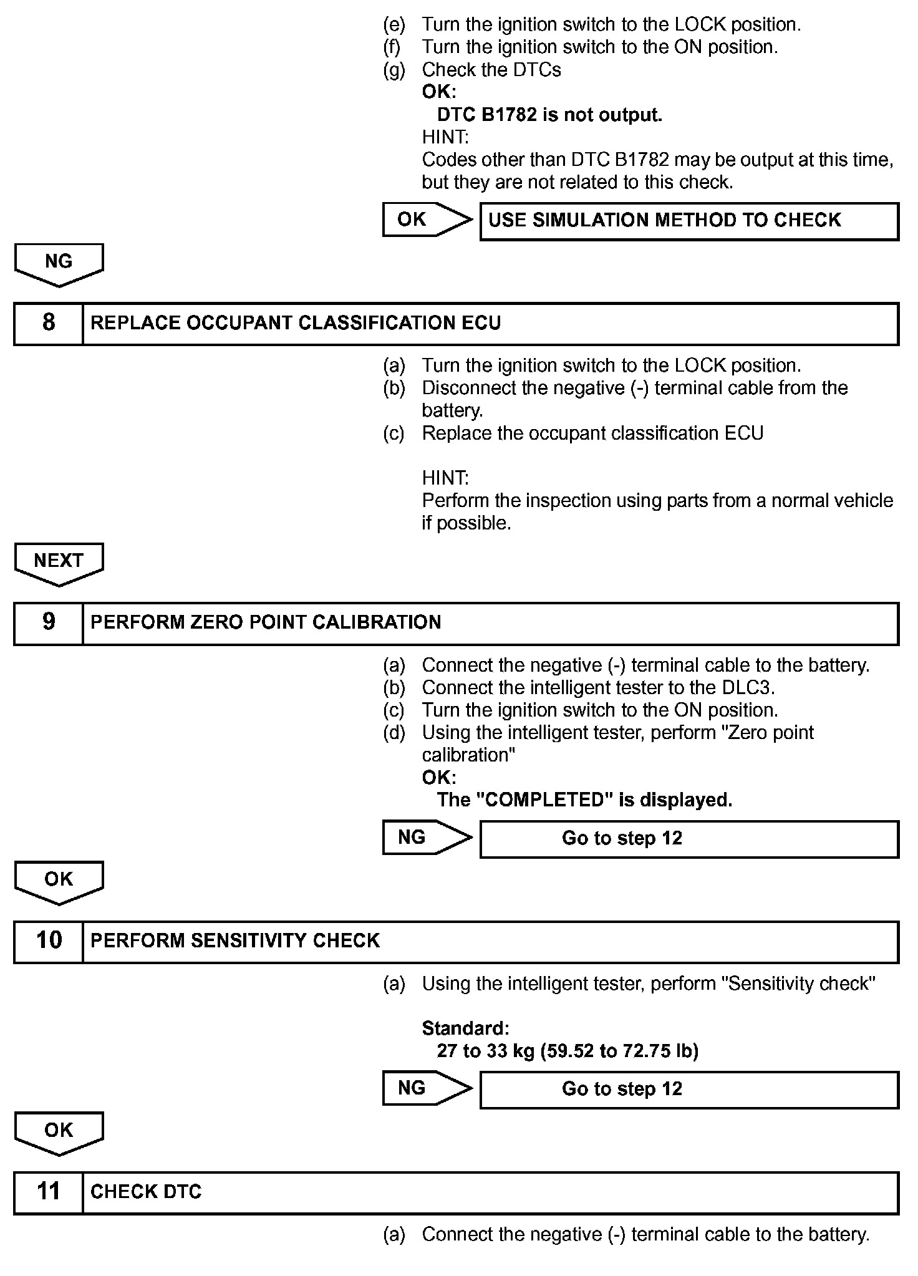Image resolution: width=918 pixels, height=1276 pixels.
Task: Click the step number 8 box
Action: [x=49, y=323]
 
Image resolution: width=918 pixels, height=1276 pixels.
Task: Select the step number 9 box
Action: [x=49, y=622]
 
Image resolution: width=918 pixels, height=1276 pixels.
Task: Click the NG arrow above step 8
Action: [x=59, y=263]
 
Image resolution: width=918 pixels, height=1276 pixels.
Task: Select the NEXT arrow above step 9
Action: [x=59, y=562]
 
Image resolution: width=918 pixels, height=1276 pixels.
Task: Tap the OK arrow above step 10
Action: [x=59, y=881]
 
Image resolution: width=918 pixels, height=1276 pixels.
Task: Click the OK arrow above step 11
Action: [x=59, y=1131]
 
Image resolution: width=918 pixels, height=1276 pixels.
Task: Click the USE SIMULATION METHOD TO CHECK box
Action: [x=688, y=221]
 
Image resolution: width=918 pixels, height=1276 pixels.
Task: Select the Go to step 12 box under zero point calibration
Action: [x=688, y=838]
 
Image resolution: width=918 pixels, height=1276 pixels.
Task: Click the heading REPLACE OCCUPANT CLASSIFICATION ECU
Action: [x=296, y=323]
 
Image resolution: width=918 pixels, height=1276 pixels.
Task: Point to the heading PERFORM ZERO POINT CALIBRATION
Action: [x=266, y=622]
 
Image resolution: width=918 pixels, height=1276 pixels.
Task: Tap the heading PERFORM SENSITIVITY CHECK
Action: [x=235, y=940]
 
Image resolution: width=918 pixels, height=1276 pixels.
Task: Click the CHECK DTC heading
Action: [x=146, y=1192]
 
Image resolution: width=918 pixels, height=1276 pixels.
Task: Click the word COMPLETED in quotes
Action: [x=544, y=800]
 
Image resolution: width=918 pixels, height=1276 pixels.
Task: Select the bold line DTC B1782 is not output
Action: [x=549, y=115]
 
